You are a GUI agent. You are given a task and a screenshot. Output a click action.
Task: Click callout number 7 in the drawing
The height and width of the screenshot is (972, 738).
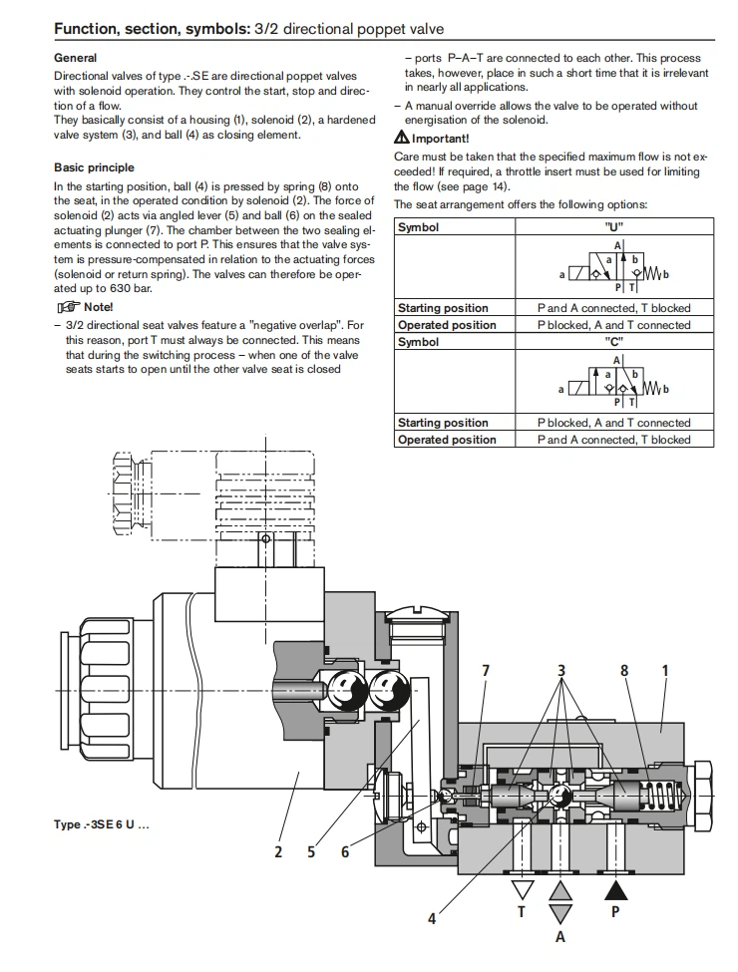tap(486, 670)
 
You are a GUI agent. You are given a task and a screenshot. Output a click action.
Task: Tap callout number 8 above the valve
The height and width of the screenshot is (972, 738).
tap(625, 670)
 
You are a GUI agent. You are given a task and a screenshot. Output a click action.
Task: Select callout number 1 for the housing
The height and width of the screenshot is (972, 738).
tap(665, 670)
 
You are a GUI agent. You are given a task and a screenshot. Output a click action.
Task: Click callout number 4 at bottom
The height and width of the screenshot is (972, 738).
tap(432, 919)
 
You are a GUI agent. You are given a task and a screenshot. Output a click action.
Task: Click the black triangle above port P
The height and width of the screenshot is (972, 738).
tap(615, 888)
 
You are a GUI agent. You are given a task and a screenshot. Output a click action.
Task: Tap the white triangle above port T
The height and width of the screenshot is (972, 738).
tap(522, 888)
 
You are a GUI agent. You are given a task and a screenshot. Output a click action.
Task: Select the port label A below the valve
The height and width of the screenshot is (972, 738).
tap(560, 937)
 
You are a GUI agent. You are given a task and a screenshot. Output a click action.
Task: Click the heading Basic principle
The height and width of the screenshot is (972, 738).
tap(94, 167)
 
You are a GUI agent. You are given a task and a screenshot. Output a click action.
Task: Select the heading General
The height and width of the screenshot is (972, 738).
tap(75, 59)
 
